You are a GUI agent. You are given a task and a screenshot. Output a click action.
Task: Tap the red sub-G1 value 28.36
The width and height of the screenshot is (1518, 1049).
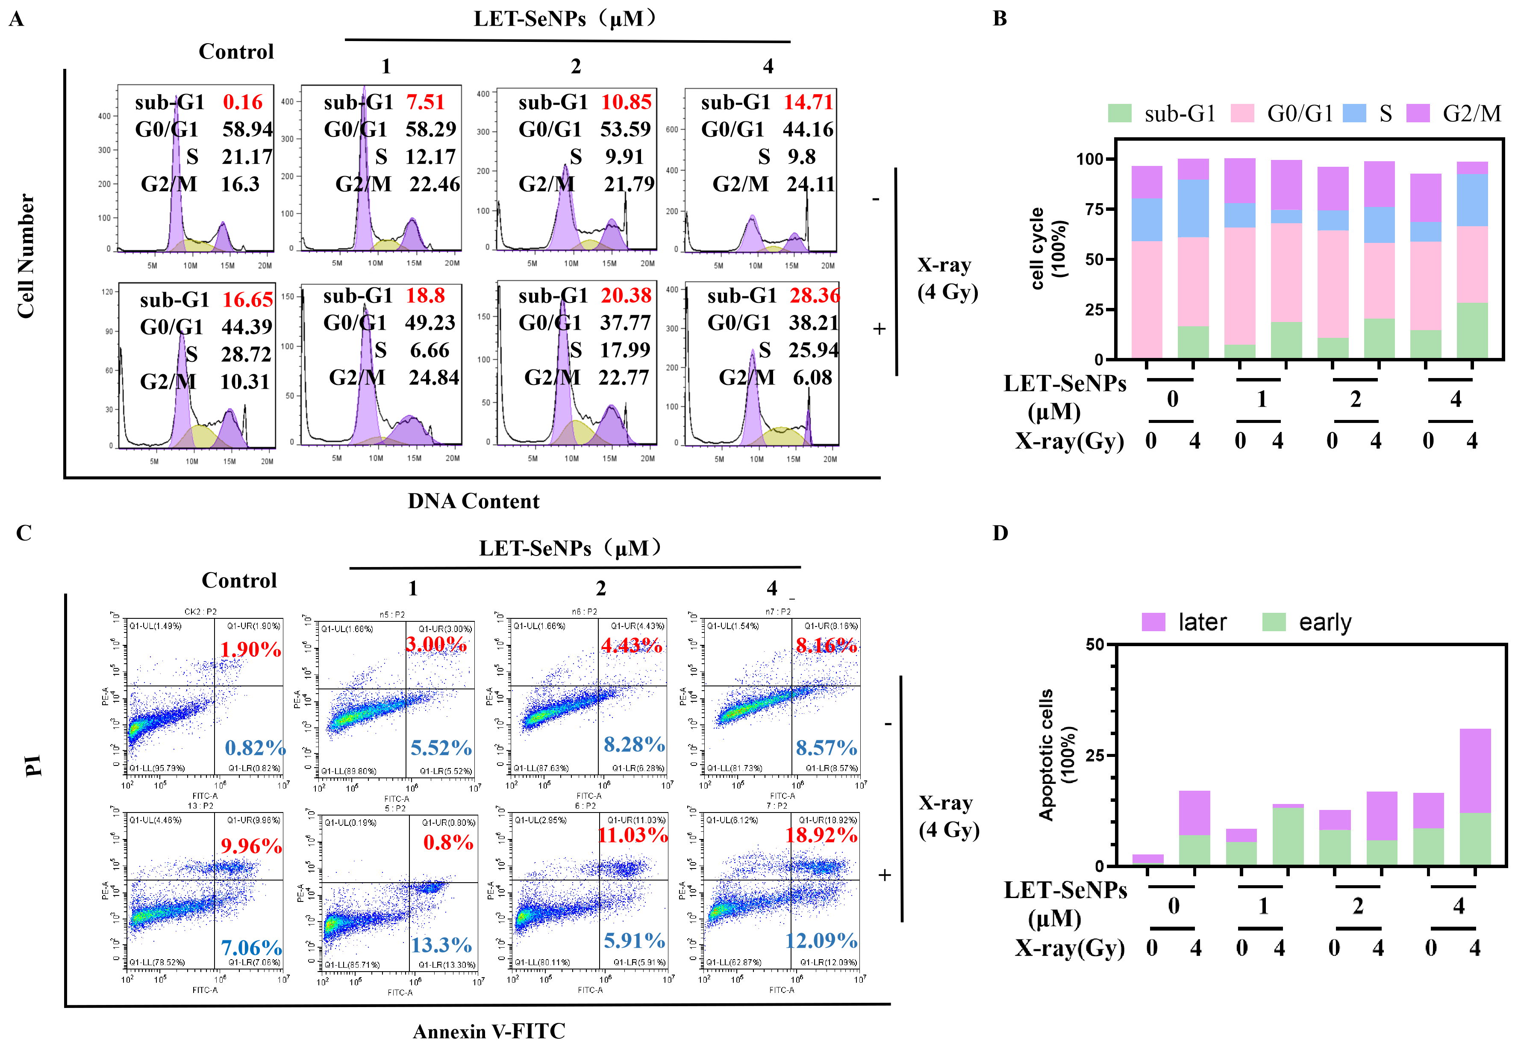coord(815,296)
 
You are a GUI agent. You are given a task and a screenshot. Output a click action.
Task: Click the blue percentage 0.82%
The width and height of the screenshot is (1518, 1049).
coord(255,748)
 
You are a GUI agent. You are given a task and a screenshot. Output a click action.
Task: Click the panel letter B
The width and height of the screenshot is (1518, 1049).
coord(1000,18)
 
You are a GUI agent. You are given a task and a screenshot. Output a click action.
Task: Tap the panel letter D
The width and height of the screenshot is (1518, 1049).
coord(1000,533)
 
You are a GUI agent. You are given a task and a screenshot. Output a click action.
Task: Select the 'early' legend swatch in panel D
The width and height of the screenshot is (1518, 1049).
coord(1274,622)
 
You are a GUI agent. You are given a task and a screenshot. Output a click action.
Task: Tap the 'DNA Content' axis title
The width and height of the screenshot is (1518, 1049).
coord(474,502)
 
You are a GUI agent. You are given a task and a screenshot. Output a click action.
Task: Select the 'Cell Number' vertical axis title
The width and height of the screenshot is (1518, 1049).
coord(26,256)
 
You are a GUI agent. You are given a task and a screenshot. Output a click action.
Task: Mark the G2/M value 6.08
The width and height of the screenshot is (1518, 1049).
coord(812,378)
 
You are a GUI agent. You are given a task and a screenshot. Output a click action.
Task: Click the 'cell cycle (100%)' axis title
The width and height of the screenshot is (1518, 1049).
coord(1048,248)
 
